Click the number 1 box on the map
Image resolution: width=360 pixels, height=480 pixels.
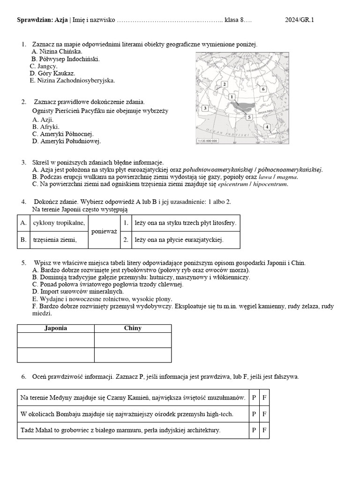(232, 97)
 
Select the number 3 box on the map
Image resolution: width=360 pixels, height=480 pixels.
(205, 108)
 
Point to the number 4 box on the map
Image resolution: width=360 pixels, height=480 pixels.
(267, 127)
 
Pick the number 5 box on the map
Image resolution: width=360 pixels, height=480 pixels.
(249, 117)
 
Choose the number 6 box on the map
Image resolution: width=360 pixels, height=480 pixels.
(263, 89)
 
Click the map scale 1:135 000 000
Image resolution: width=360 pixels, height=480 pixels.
(207, 141)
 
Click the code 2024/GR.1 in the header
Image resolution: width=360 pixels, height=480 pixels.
(300, 20)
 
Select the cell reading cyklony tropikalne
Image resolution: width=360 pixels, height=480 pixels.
(59, 223)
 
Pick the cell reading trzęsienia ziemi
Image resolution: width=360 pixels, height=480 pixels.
(55, 240)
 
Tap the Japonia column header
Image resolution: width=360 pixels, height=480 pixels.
(55, 328)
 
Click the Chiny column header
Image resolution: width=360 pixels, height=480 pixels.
(133, 328)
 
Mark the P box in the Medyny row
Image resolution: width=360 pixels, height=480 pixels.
(254, 397)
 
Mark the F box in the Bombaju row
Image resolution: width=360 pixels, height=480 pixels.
(264, 414)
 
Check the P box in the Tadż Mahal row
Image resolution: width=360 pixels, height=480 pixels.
(254, 430)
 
